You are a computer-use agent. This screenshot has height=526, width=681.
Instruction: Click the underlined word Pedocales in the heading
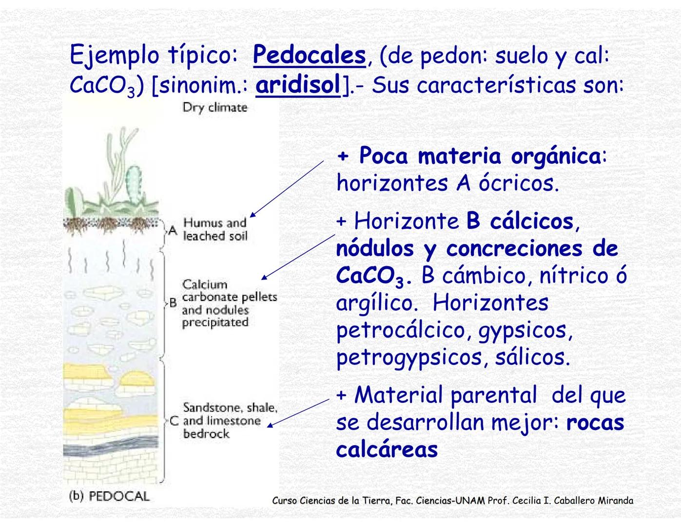(309, 55)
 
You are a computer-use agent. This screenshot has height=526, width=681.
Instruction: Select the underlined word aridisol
(298, 85)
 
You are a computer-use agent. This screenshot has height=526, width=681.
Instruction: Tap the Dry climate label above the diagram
(214, 107)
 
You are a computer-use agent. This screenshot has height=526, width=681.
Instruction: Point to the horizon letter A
(172, 230)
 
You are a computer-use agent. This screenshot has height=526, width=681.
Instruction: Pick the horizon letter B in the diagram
(173, 303)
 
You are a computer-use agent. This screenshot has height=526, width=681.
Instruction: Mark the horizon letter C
(174, 421)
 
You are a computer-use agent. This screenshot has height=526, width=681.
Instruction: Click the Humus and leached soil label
(215, 229)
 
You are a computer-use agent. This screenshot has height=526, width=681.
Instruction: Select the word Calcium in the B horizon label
(205, 284)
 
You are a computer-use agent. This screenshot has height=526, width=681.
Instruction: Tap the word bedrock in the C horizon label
(206, 433)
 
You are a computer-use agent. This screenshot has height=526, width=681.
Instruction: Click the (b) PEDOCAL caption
(109, 496)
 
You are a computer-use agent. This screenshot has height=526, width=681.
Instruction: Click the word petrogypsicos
(409, 357)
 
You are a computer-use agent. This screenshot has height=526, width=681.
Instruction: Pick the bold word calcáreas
(387, 449)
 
